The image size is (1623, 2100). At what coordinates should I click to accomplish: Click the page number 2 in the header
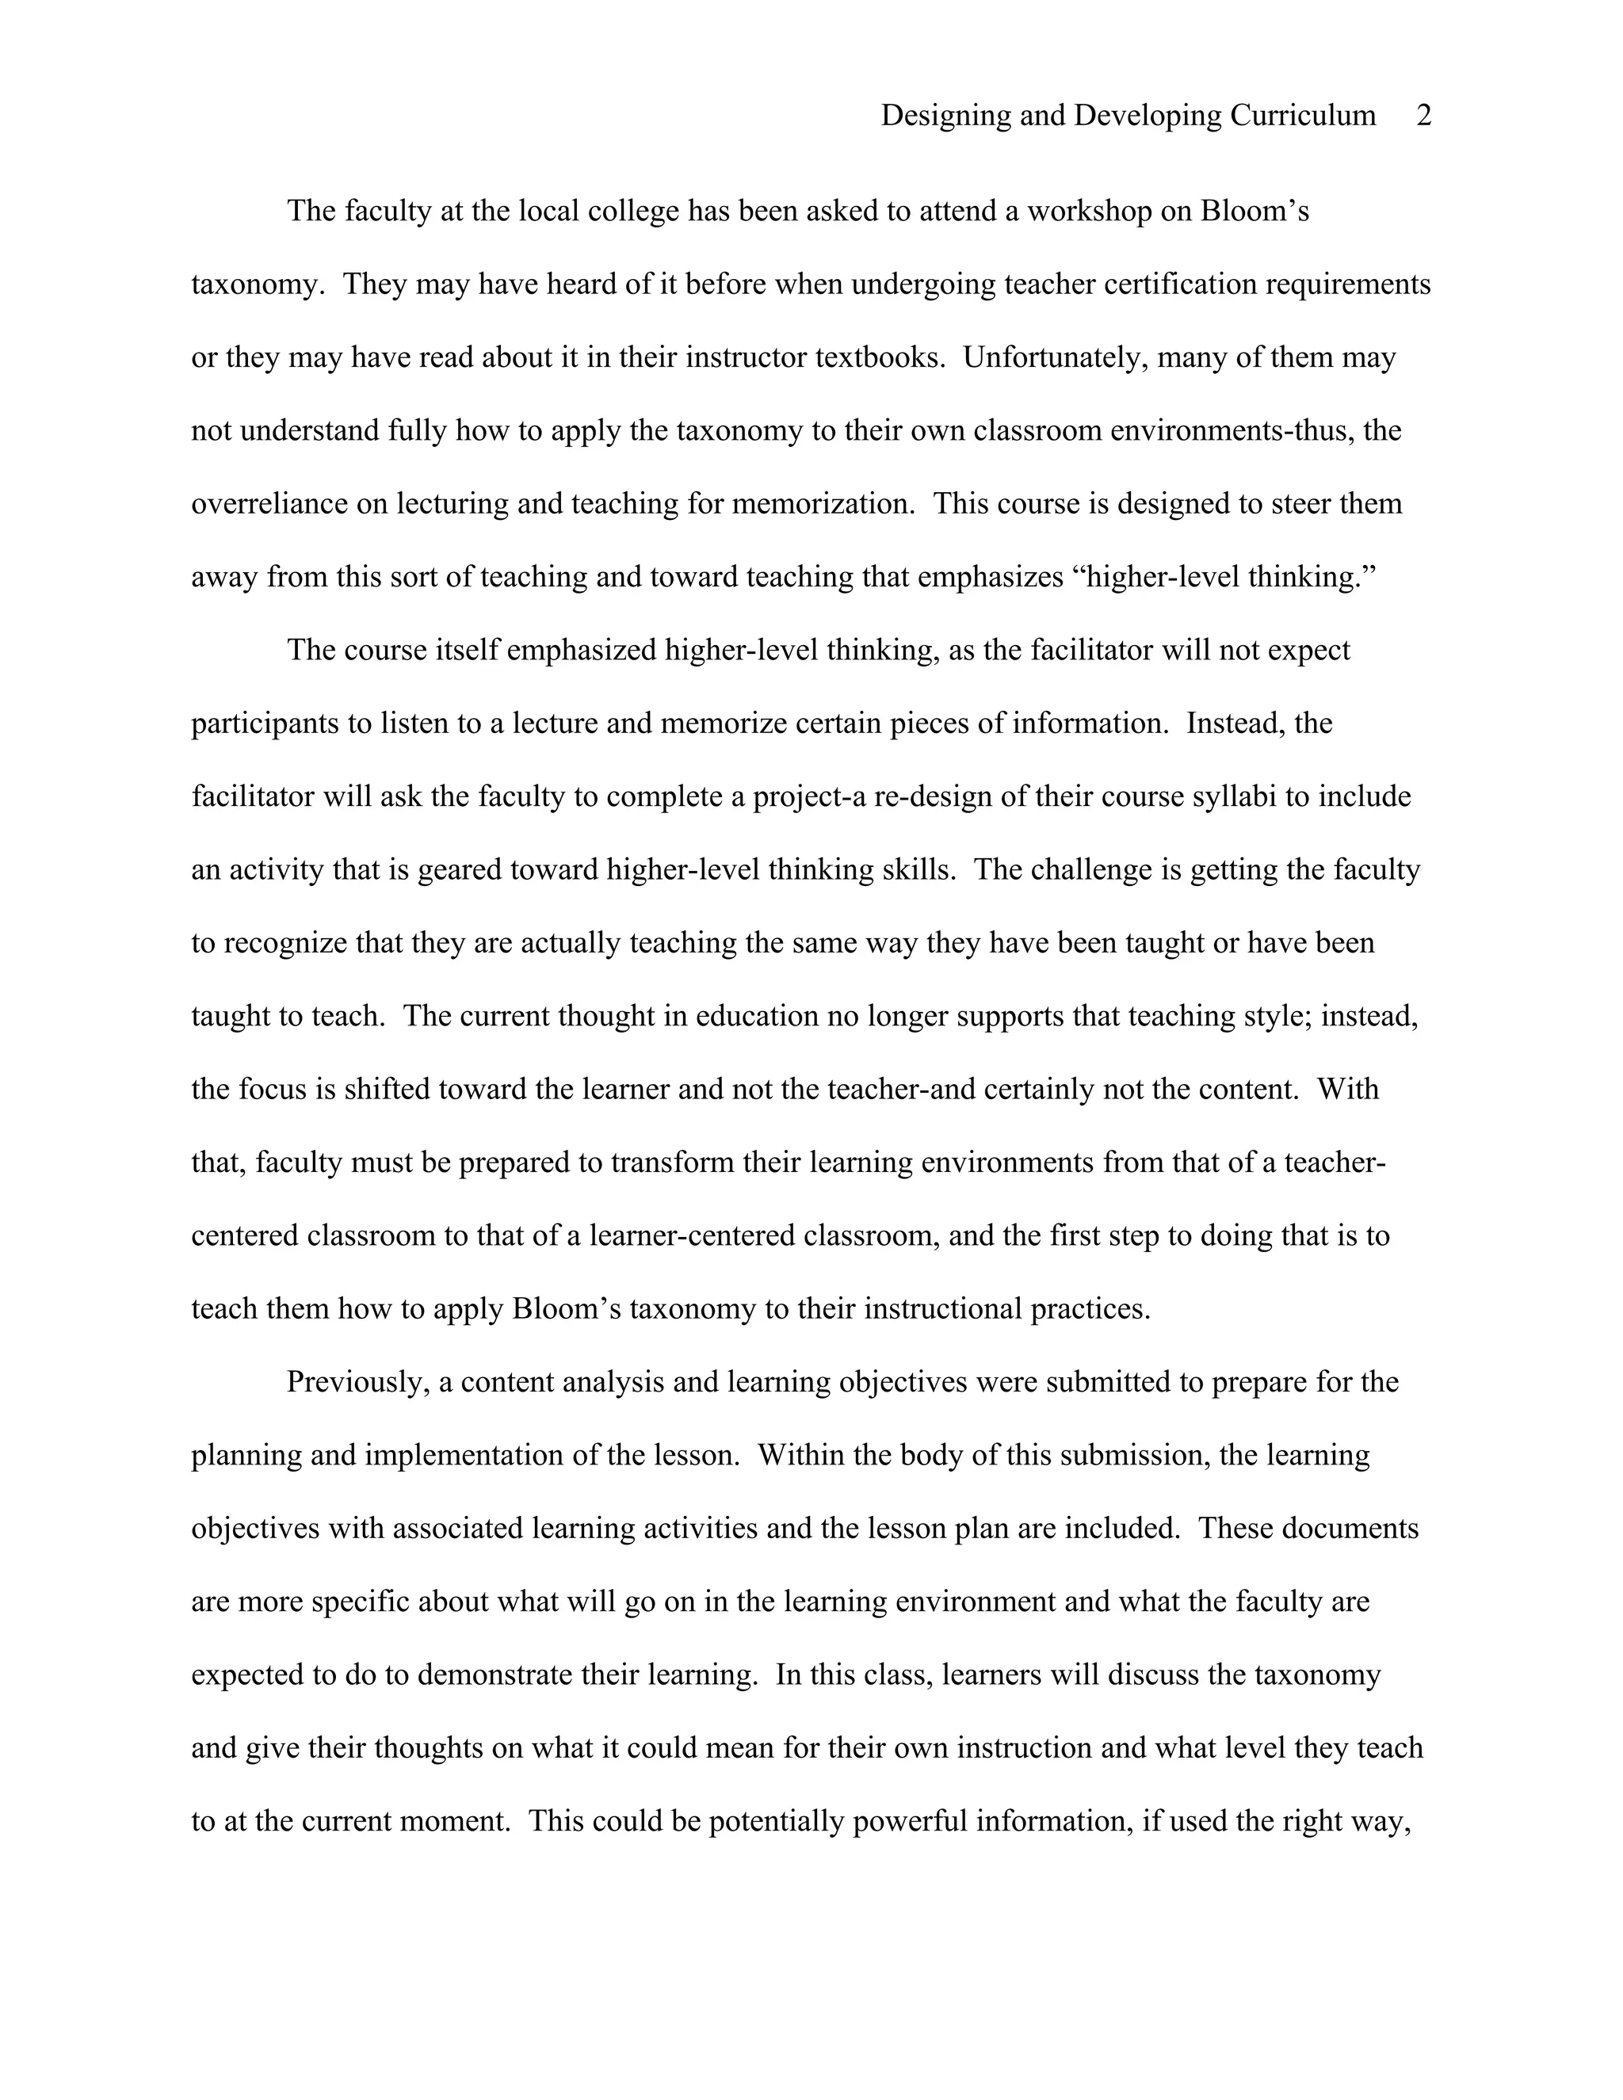[1424, 116]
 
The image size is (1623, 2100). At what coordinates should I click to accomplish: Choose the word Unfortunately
[1056, 357]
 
